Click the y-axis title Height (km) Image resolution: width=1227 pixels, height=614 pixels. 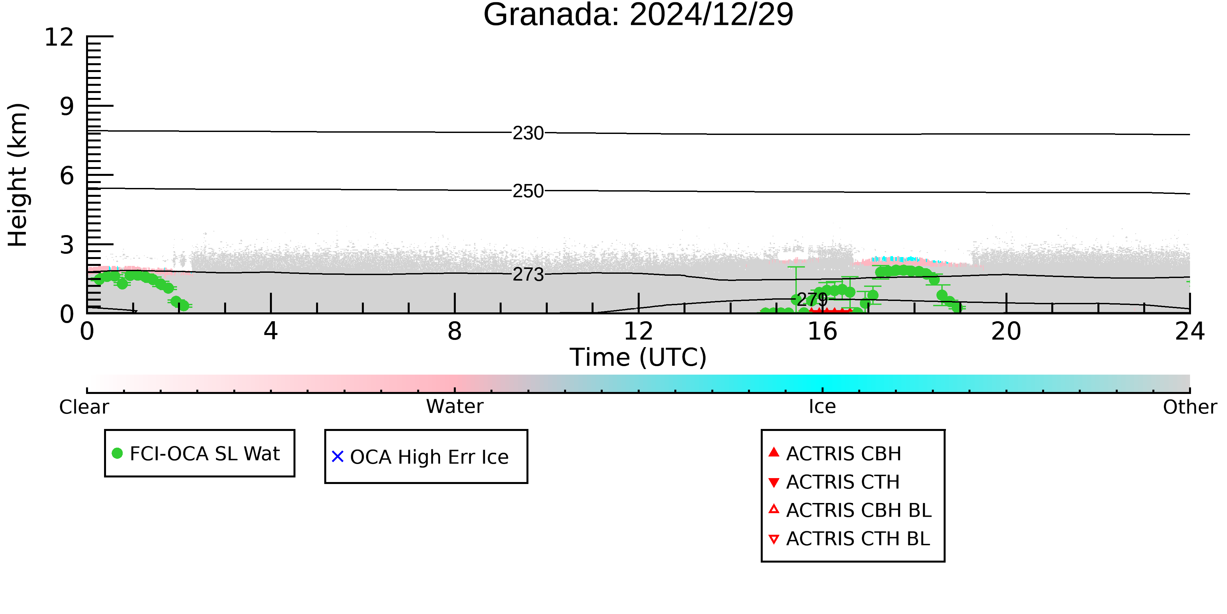(18, 175)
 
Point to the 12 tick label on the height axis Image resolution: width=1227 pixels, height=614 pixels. (59, 37)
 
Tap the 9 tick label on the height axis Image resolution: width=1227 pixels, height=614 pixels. (67, 106)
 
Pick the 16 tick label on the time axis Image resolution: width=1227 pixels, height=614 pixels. (823, 331)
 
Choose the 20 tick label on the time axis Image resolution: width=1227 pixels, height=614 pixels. (1006, 331)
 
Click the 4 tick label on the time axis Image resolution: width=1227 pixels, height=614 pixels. (271, 331)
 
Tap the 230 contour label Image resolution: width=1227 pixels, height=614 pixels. (528, 134)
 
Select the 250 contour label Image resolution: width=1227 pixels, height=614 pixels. (528, 191)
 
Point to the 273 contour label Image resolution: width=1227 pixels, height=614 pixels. (528, 275)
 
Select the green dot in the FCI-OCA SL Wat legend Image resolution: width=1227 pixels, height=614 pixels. (117, 453)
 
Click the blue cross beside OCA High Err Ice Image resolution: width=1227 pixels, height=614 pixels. (338, 457)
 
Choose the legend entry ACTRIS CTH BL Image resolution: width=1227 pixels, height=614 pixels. (849, 539)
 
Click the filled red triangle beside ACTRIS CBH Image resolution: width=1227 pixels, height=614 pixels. (774, 452)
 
